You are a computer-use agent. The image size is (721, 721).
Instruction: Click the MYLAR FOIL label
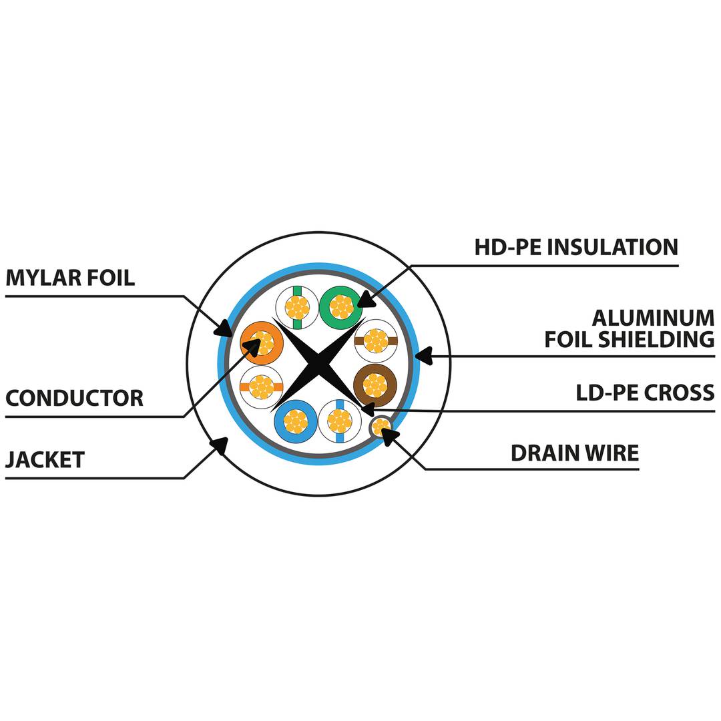coord(70,278)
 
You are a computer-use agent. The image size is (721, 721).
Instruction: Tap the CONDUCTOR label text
coord(74,399)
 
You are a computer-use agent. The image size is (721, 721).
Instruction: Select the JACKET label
coord(45,460)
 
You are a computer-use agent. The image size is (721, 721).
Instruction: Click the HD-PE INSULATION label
coord(576,247)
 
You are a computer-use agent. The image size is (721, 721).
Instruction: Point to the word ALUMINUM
coord(653,318)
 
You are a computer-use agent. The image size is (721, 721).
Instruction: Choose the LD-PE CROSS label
coord(645,393)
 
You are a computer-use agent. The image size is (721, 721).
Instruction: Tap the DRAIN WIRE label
coord(575,453)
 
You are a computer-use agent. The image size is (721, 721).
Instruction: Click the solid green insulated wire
coord(340,307)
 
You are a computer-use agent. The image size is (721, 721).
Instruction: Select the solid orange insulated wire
coord(262,342)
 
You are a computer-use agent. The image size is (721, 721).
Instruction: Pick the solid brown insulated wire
coord(375,385)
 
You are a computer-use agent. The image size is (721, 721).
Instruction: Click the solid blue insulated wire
coord(295,421)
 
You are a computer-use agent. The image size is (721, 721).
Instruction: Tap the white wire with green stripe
coord(297,307)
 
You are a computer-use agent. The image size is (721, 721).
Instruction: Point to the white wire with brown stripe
coord(376,340)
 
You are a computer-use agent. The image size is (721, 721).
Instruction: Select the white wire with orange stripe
coord(261,387)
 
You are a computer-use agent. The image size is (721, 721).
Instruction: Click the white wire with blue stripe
coord(340,421)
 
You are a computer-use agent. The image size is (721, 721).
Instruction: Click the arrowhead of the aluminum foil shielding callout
coord(423,356)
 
